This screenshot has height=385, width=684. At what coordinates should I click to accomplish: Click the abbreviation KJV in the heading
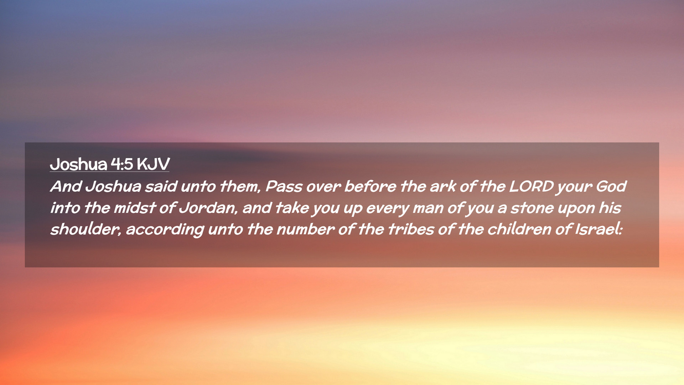(x=153, y=164)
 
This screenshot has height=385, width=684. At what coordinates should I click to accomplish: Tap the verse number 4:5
(x=122, y=164)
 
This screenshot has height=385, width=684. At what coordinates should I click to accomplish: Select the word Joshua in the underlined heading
(x=78, y=164)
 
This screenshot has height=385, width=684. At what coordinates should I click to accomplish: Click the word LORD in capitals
(x=531, y=186)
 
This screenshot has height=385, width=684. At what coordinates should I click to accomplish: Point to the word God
(x=611, y=186)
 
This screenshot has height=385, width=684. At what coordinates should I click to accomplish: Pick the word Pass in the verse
(x=284, y=186)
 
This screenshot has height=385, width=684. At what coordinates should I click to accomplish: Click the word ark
(x=443, y=186)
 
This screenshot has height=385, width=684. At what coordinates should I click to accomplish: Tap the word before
(x=370, y=186)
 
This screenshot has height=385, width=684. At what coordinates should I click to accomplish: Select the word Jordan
(x=208, y=208)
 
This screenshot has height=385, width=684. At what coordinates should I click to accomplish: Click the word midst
(x=135, y=208)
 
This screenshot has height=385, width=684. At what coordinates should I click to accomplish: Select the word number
(x=305, y=229)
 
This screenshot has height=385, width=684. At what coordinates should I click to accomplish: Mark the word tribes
(x=411, y=229)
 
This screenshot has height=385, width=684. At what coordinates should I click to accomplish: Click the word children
(x=519, y=229)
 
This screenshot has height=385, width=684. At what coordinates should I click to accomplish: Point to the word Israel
(x=598, y=229)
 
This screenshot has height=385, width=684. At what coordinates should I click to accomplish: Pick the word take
(x=292, y=208)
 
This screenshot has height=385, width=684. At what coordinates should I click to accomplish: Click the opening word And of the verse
(x=66, y=186)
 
